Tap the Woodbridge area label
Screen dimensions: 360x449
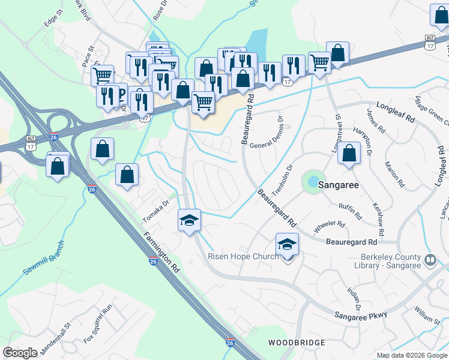[x=297, y=343]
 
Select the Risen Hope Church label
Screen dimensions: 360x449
[x=243, y=256]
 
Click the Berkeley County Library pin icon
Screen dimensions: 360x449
[x=430, y=260]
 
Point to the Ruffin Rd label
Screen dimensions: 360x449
[x=350, y=211]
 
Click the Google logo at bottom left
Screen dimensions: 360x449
[x=20, y=353]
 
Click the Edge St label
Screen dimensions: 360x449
[x=53, y=21]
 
